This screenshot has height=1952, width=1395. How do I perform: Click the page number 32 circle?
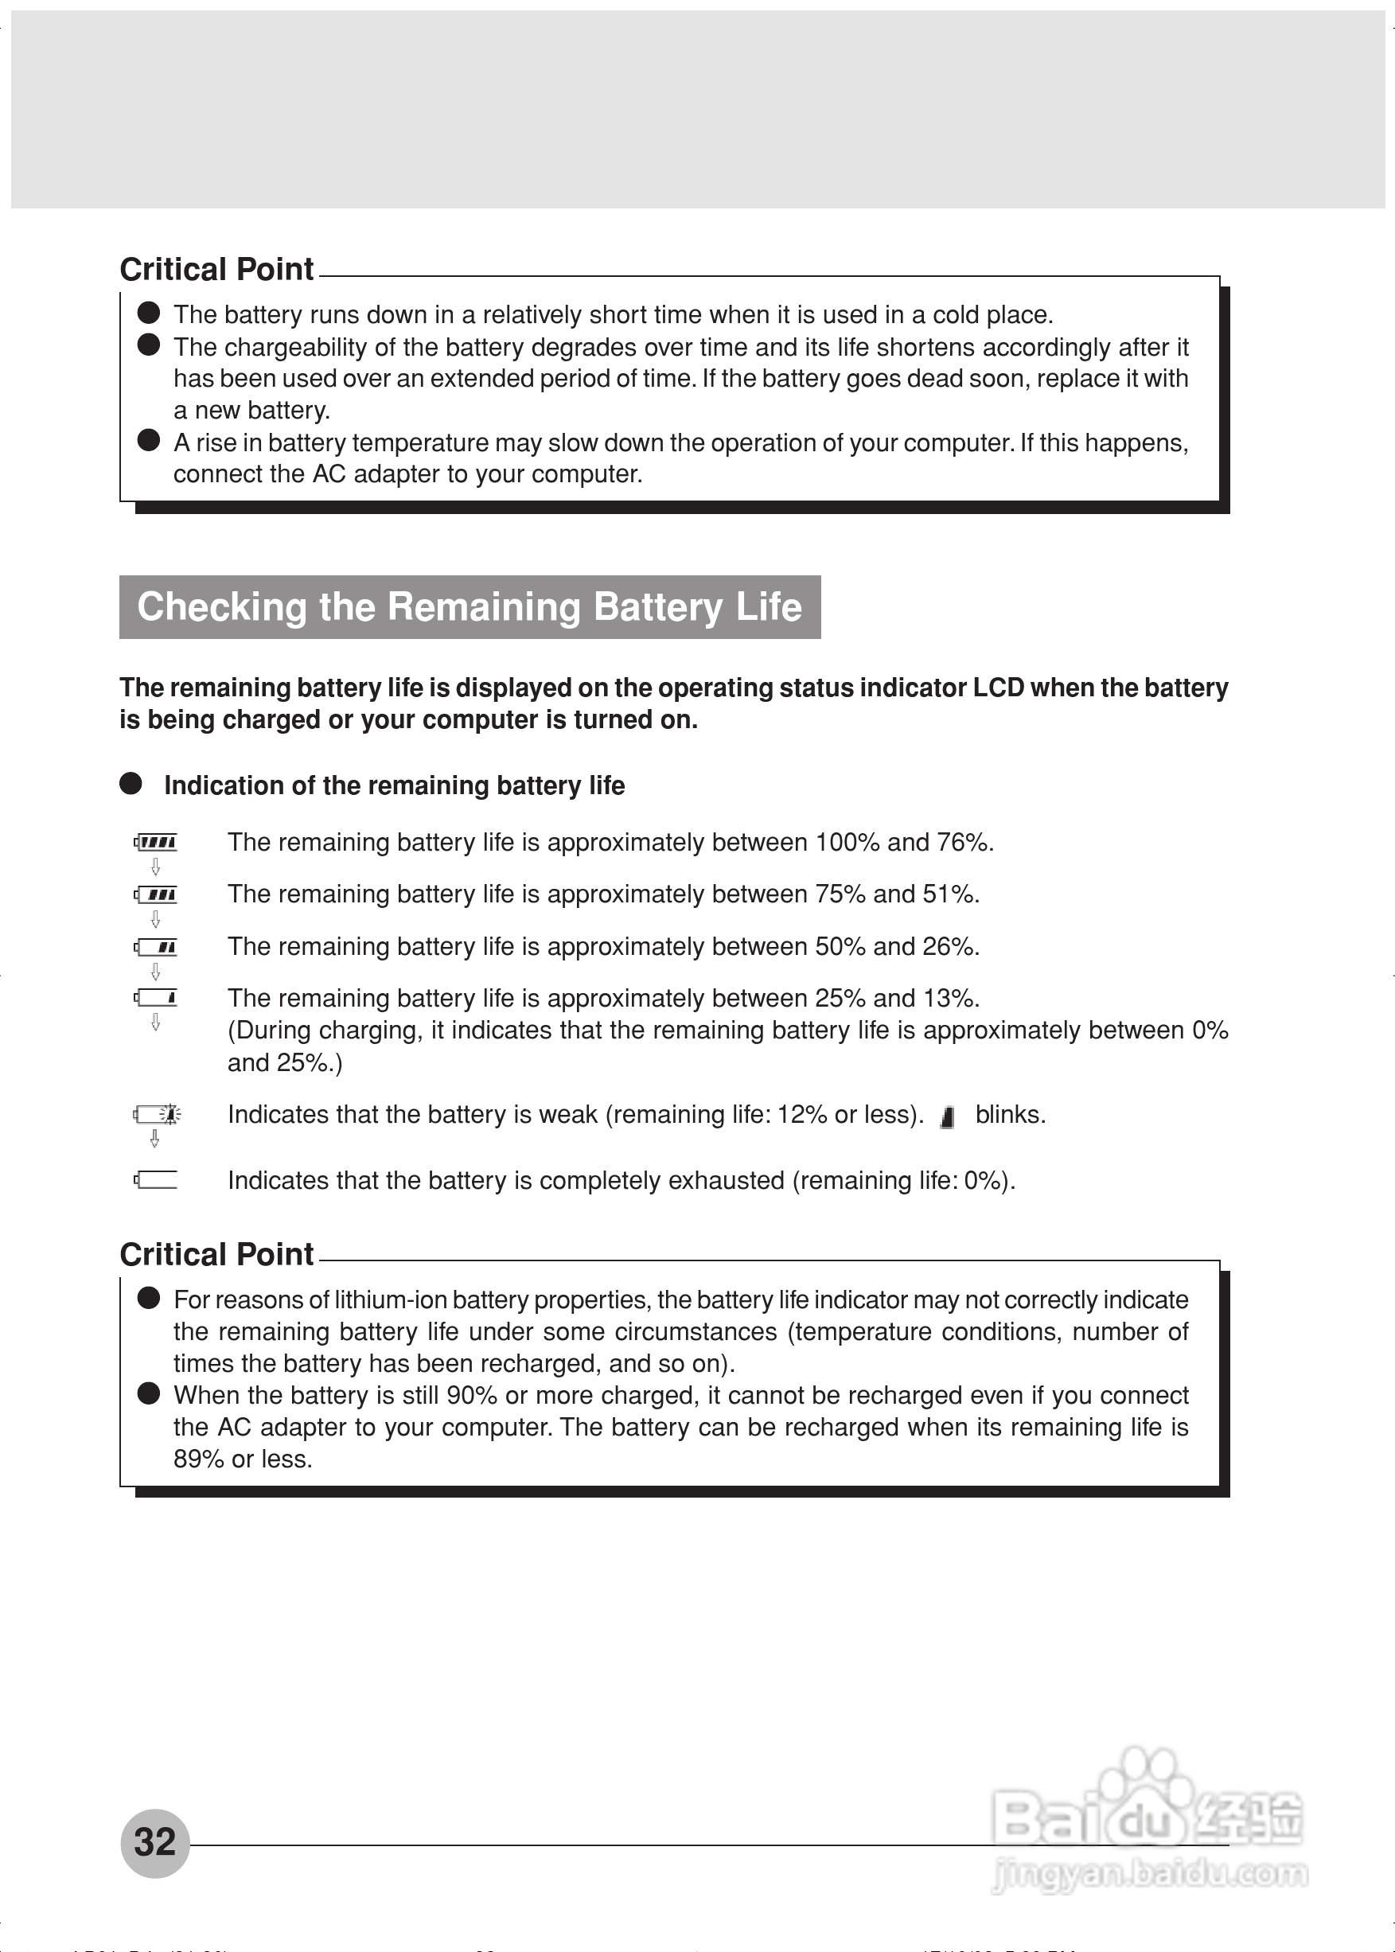point(154,1843)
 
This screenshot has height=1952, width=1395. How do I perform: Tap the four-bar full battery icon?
point(156,843)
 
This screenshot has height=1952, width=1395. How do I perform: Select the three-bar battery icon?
point(156,895)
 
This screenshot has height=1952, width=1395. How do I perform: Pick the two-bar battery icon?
point(156,947)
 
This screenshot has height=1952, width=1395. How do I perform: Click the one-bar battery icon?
point(156,998)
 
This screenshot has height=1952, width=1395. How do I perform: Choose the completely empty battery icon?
point(156,1180)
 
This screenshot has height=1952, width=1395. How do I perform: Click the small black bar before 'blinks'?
point(948,1116)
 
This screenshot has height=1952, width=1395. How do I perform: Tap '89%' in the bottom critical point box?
point(198,1459)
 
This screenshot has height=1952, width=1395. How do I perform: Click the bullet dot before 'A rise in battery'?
point(149,441)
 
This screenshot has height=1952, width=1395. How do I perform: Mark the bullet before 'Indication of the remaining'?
point(131,783)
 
